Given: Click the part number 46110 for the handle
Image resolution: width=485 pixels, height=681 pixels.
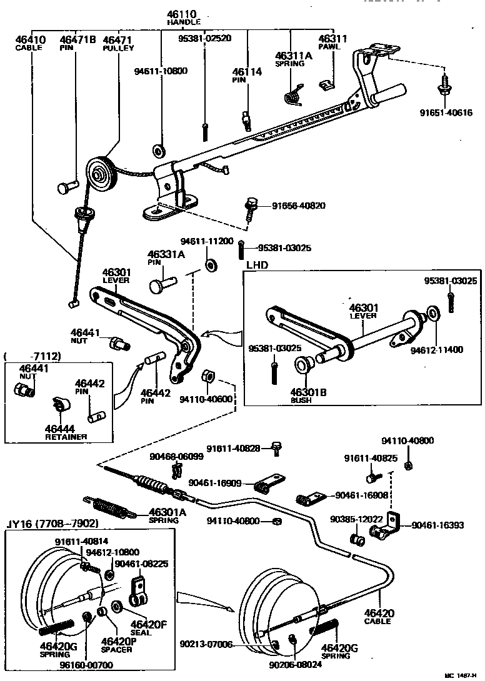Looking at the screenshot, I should [x=181, y=14].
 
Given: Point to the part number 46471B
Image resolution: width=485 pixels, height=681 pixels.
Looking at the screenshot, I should [x=78, y=40].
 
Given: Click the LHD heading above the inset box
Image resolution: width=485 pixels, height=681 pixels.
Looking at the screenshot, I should [x=257, y=265].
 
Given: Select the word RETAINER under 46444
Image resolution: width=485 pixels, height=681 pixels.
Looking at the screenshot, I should [x=66, y=436].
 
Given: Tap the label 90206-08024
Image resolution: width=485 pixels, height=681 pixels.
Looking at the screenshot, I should [x=298, y=665].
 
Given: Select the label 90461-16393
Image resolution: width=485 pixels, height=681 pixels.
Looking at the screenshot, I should [x=437, y=525].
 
